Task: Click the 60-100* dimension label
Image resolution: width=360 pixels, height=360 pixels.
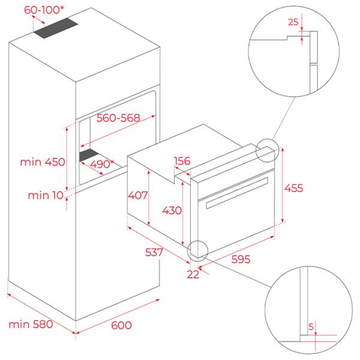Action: pyautogui.click(x=44, y=10)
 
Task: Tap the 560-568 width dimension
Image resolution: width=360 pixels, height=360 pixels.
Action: pyautogui.click(x=118, y=118)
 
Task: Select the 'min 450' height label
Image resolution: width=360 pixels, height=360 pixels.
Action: pyautogui.click(x=43, y=162)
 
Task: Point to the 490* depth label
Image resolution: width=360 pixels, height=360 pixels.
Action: pyautogui.click(x=102, y=164)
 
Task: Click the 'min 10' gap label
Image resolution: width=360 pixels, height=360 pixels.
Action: pyautogui.click(x=46, y=196)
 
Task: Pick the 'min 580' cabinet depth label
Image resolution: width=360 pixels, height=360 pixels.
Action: pyautogui.click(x=31, y=325)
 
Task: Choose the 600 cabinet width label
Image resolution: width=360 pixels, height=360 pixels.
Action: pyautogui.click(x=121, y=325)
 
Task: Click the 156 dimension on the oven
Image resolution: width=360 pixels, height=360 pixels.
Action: pyautogui.click(x=182, y=161)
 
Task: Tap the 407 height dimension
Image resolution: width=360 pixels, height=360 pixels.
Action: pyautogui.click(x=138, y=196)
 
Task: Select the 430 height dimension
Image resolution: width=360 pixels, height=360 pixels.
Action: pyautogui.click(x=172, y=211)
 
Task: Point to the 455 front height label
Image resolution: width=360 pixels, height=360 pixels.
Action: pyautogui.click(x=294, y=188)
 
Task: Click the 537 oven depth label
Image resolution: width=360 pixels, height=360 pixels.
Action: pyautogui.click(x=154, y=253)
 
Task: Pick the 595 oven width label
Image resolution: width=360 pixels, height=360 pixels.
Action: pyautogui.click(x=241, y=259)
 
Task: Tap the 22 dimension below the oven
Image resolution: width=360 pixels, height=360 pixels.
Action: pyautogui.click(x=193, y=275)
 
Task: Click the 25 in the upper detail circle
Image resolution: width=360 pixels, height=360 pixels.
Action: pyautogui.click(x=293, y=22)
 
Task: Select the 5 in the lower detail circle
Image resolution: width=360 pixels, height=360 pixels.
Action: pyautogui.click(x=311, y=327)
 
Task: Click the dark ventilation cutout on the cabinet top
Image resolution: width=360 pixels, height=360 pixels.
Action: pyautogui.click(x=56, y=28)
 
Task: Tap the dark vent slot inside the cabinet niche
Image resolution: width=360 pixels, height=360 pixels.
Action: pyautogui.click(x=89, y=155)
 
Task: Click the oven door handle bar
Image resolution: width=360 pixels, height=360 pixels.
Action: pyautogui.click(x=237, y=193)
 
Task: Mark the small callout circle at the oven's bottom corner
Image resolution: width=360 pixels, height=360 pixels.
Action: pyautogui.click(x=197, y=241)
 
